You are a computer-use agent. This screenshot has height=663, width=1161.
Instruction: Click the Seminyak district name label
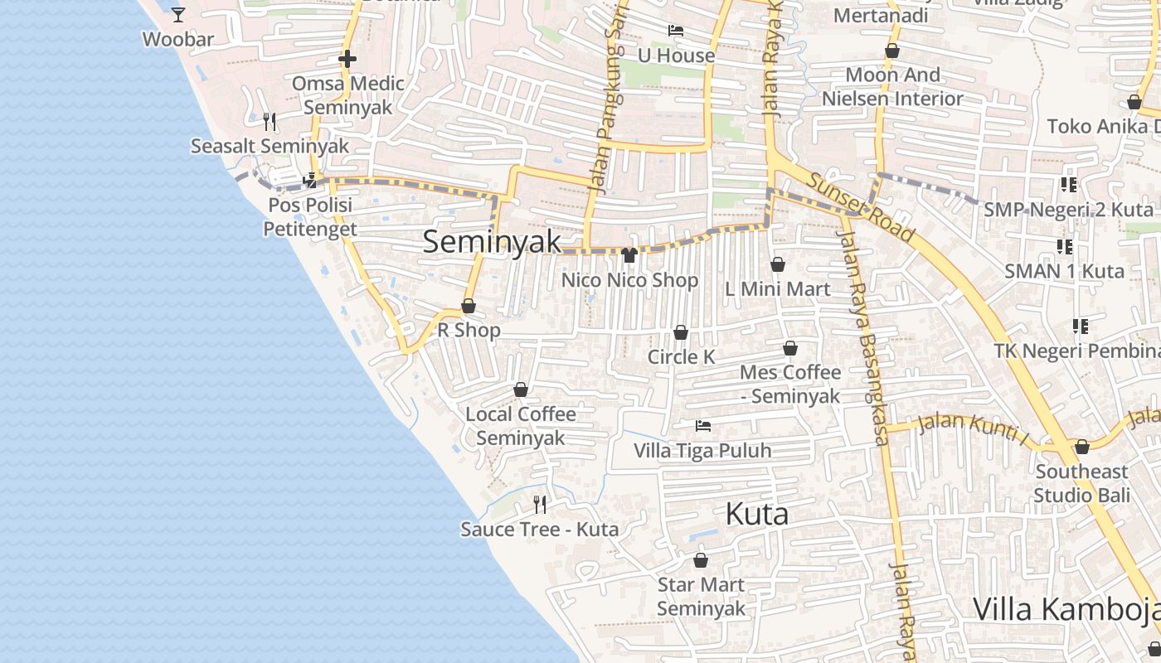pyautogui.click(x=492, y=242)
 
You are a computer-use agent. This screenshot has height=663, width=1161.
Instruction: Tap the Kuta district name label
pyautogui.click(x=756, y=514)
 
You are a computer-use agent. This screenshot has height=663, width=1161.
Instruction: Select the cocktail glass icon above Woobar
pyautogui.click(x=178, y=14)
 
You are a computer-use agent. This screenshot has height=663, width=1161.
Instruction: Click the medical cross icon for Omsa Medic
pyautogui.click(x=347, y=59)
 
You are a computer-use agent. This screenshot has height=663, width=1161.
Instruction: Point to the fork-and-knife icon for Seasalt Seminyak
pyautogui.click(x=269, y=122)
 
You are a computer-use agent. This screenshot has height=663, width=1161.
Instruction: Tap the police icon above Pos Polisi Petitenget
pyautogui.click(x=309, y=180)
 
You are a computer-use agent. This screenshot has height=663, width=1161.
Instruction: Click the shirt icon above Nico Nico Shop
pyautogui.click(x=629, y=254)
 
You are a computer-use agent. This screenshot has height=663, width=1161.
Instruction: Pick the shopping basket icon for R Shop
pyautogui.click(x=469, y=306)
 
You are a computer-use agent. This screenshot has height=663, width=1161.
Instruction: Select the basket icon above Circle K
pyautogui.click(x=681, y=332)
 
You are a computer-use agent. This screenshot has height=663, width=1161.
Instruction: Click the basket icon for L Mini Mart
pyautogui.click(x=778, y=264)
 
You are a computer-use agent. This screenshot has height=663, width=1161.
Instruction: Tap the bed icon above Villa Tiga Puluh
pyautogui.click(x=703, y=426)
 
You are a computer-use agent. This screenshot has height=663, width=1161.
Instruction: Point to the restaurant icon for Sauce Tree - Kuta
pyautogui.click(x=540, y=504)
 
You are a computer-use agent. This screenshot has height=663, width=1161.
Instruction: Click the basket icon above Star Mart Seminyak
pyautogui.click(x=701, y=560)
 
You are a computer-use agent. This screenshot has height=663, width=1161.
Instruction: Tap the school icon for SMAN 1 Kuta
pyautogui.click(x=1065, y=246)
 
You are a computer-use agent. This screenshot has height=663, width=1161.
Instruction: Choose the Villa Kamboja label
pyautogui.click(x=1066, y=609)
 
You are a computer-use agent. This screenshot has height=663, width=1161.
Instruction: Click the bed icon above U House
pyautogui.click(x=676, y=31)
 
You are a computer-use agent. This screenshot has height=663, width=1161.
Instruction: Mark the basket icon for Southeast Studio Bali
pyautogui.click(x=1082, y=448)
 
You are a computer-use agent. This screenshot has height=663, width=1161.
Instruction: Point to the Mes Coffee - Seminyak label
pyautogui.click(x=790, y=384)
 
